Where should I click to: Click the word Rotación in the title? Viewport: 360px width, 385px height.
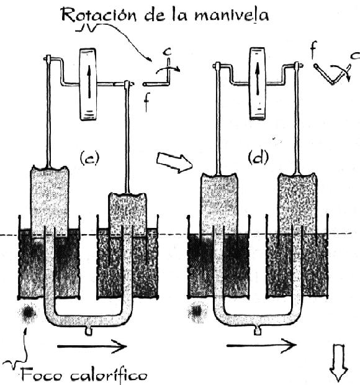(99, 15)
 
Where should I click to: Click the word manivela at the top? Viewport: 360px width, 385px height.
(232, 15)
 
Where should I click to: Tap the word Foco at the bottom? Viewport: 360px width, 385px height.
(42, 375)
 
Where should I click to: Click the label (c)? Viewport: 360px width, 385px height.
(89, 158)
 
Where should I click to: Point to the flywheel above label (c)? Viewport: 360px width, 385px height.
(88, 84)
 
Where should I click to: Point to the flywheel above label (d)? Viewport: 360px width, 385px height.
(258, 83)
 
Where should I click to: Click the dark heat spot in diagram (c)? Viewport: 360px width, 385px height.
(28, 313)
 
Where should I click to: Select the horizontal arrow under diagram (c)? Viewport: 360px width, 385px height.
(92, 346)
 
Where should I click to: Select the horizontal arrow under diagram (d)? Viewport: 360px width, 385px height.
(261, 346)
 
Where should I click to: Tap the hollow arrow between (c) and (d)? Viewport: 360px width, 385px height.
(174, 162)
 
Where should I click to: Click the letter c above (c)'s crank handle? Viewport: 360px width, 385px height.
(168, 52)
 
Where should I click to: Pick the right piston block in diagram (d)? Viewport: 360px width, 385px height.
(297, 203)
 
